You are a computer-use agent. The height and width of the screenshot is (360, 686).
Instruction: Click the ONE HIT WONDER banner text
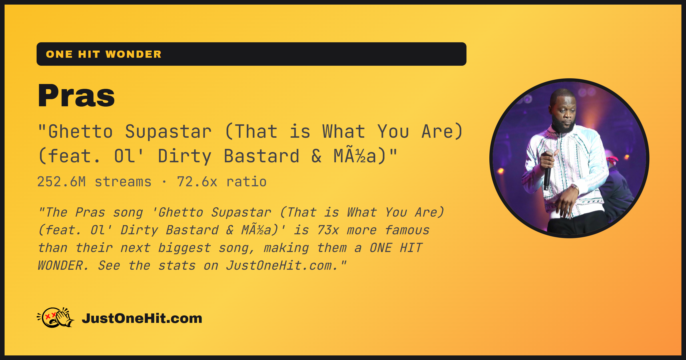pyautogui.click(x=104, y=54)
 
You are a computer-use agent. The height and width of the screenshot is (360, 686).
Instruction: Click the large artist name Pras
pyautogui.click(x=76, y=95)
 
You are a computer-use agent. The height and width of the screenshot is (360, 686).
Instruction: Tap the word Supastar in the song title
pyautogui.click(x=168, y=132)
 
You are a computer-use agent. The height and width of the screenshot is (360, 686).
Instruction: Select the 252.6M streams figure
pyautogui.click(x=94, y=182)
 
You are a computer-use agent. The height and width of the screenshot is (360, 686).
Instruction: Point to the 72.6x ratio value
pyautogui.click(x=222, y=182)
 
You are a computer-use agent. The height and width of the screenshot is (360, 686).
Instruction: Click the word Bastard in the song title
pyautogui.click(x=261, y=156)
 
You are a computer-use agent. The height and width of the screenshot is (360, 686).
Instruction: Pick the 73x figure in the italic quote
pyautogui.click(x=328, y=230)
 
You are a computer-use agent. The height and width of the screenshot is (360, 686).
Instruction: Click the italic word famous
pyautogui.click(x=407, y=230)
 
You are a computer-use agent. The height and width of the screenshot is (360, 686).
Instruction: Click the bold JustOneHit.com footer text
pyautogui.click(x=142, y=318)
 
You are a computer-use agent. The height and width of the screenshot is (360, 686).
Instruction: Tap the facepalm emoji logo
pyautogui.click(x=56, y=317)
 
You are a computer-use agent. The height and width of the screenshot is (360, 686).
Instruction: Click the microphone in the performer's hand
pyautogui.click(x=547, y=171)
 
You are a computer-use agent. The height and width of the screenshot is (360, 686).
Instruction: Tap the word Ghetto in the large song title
pyautogui.click(x=80, y=132)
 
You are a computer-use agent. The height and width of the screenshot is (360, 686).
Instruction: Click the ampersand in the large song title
pyautogui.click(x=316, y=156)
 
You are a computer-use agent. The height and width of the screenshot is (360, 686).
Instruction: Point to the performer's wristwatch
pyautogui.click(x=574, y=187)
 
